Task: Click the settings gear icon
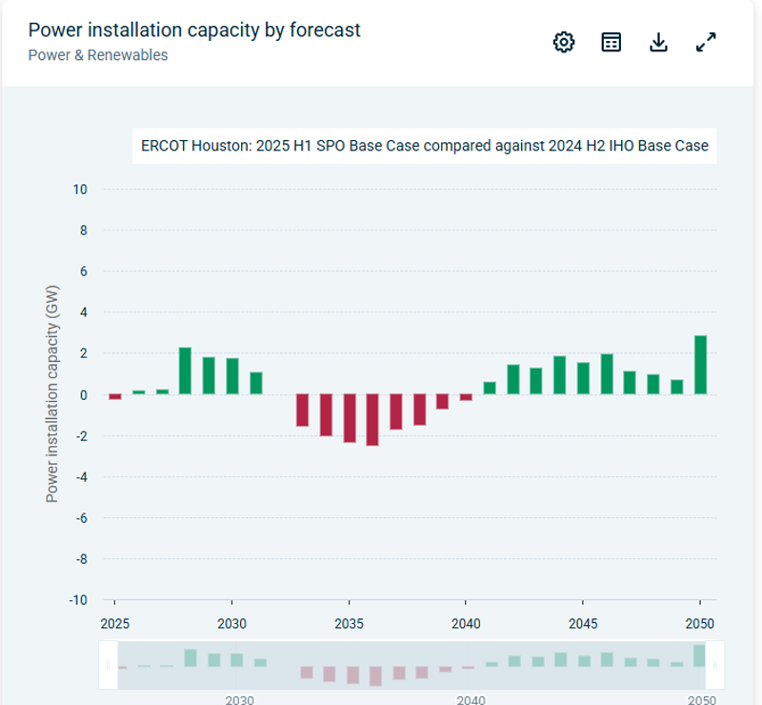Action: click(564, 42)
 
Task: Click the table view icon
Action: click(612, 42)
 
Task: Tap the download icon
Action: click(658, 42)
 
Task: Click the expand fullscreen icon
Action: click(706, 42)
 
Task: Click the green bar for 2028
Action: click(185, 371)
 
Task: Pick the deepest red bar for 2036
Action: click(372, 420)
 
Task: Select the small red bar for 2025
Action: click(115, 396)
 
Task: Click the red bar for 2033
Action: click(302, 410)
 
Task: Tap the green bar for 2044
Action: click(560, 375)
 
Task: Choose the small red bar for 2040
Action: click(466, 397)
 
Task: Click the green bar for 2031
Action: click(255, 383)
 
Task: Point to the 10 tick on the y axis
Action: click(80, 190)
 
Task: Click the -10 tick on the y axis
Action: click(77, 600)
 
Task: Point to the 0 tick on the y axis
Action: click(83, 395)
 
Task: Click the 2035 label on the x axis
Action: click(350, 624)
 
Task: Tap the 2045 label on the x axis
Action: click(583, 624)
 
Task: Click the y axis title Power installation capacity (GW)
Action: click(52, 393)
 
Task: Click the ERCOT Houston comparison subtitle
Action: click(424, 147)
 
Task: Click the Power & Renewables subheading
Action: click(97, 55)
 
